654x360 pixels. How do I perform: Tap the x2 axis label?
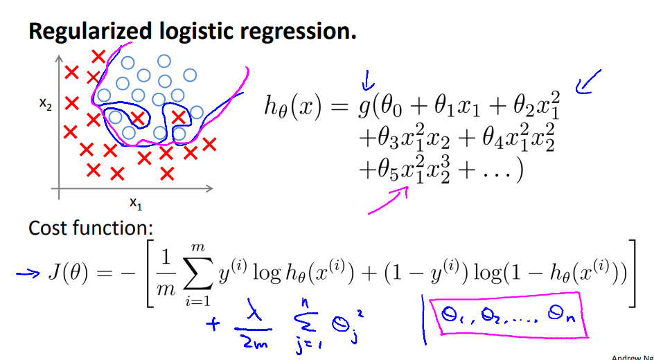pyautogui.click(x=44, y=105)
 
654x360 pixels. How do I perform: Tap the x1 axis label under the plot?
pyautogui.click(x=135, y=203)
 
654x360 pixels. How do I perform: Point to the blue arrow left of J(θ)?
pyautogui.click(x=28, y=273)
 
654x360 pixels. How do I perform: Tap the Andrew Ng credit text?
pyautogui.click(x=632, y=357)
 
